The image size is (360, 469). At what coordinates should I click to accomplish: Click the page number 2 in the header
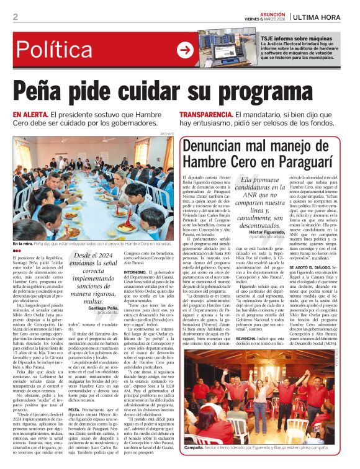click(x=15, y=17)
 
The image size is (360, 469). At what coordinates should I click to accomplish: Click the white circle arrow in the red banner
click(x=185, y=50)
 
